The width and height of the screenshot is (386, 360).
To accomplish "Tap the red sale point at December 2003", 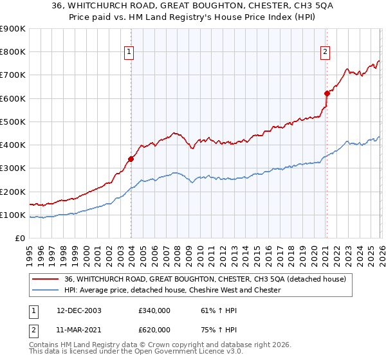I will (x=131, y=158).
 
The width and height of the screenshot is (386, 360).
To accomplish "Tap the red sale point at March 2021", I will (x=326, y=93).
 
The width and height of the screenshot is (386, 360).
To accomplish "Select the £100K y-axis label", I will (x=13, y=215).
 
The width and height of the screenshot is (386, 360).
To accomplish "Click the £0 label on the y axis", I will (x=20, y=239).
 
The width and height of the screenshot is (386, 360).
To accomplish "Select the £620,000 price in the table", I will (x=154, y=329).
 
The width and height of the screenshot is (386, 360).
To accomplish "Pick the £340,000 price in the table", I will (x=154, y=310).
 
